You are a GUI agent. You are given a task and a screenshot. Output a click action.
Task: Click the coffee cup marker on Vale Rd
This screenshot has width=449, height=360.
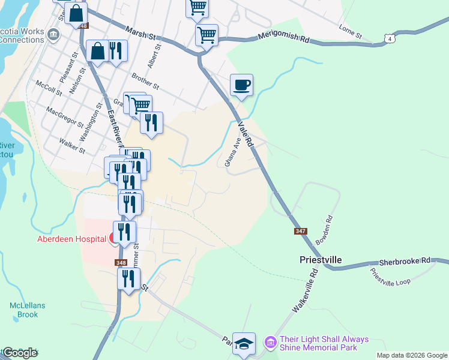pos(241,85)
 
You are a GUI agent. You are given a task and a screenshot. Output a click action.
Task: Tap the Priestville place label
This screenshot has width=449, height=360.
pos(321,260)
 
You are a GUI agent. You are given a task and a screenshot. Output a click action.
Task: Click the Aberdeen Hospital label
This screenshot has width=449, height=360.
pos(71,239)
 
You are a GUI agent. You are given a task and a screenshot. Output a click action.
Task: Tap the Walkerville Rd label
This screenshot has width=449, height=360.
pos(304,290)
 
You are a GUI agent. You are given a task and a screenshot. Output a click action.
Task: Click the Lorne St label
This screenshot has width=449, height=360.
pos(350,32)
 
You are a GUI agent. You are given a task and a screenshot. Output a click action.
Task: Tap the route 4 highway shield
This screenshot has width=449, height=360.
pos(391,39)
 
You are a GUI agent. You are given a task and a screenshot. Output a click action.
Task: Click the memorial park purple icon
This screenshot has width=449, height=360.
pos(270,343)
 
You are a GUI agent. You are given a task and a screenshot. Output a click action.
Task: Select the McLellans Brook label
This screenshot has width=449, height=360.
pos(27,310)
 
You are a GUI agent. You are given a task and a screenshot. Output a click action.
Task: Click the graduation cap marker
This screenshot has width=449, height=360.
pos(244,344)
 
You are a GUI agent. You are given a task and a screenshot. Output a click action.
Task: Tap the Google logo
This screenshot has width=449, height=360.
pos(20,353)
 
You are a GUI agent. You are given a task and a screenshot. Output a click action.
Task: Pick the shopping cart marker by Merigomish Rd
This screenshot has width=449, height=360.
pos(206,35)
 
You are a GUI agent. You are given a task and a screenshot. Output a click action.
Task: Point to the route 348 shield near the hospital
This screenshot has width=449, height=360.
pos(121,262)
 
